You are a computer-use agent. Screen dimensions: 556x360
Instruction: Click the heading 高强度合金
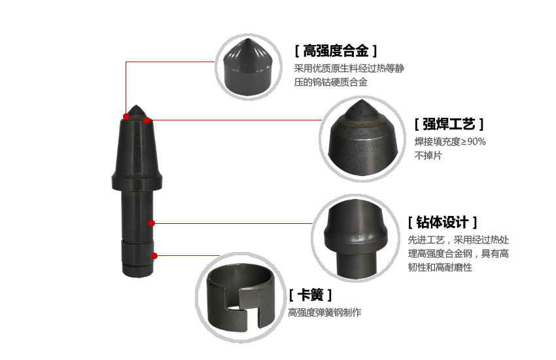[336, 51]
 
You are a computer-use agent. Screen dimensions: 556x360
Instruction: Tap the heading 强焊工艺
[449, 124]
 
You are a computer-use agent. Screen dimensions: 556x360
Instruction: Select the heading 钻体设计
[442, 223]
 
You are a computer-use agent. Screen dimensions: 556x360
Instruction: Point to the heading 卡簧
[310, 295]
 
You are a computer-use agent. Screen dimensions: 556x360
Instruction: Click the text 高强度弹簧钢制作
[324, 312]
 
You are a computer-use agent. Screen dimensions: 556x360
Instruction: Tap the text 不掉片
[428, 155]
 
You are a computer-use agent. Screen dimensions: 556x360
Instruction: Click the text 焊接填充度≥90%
[450, 141]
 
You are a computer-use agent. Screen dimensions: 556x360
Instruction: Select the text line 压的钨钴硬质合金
[330, 82]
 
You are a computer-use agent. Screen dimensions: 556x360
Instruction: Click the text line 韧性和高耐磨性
[440, 267]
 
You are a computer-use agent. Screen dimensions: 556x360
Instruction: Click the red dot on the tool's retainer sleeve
[154, 256]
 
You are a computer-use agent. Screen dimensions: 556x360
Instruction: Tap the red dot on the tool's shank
[152, 223]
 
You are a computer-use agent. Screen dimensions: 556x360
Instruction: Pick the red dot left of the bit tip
[126, 117]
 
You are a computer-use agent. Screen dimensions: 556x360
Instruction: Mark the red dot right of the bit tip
[147, 120]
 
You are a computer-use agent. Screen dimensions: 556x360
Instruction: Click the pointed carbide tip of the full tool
[137, 111]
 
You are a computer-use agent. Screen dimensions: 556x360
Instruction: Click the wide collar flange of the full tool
[137, 181]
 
